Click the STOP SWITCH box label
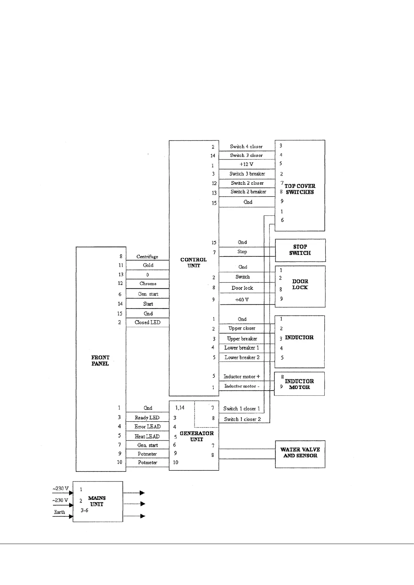(x=300, y=250)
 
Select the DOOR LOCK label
(x=300, y=284)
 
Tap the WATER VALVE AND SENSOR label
(x=300, y=452)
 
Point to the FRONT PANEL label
(x=100, y=360)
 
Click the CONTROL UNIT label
(x=193, y=262)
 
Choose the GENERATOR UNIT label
(x=196, y=436)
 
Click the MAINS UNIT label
(x=97, y=501)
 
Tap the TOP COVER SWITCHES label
(x=300, y=189)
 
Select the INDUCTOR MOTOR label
(x=299, y=384)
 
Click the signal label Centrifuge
(x=147, y=256)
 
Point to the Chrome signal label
(x=148, y=283)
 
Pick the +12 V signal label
(x=246, y=164)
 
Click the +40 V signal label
(x=242, y=299)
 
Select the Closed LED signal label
(x=147, y=322)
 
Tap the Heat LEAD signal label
(x=147, y=436)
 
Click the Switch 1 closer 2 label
(x=242, y=419)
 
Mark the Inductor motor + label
(x=242, y=377)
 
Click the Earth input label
(x=59, y=512)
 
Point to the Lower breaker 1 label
(x=242, y=348)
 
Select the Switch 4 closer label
(x=246, y=147)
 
